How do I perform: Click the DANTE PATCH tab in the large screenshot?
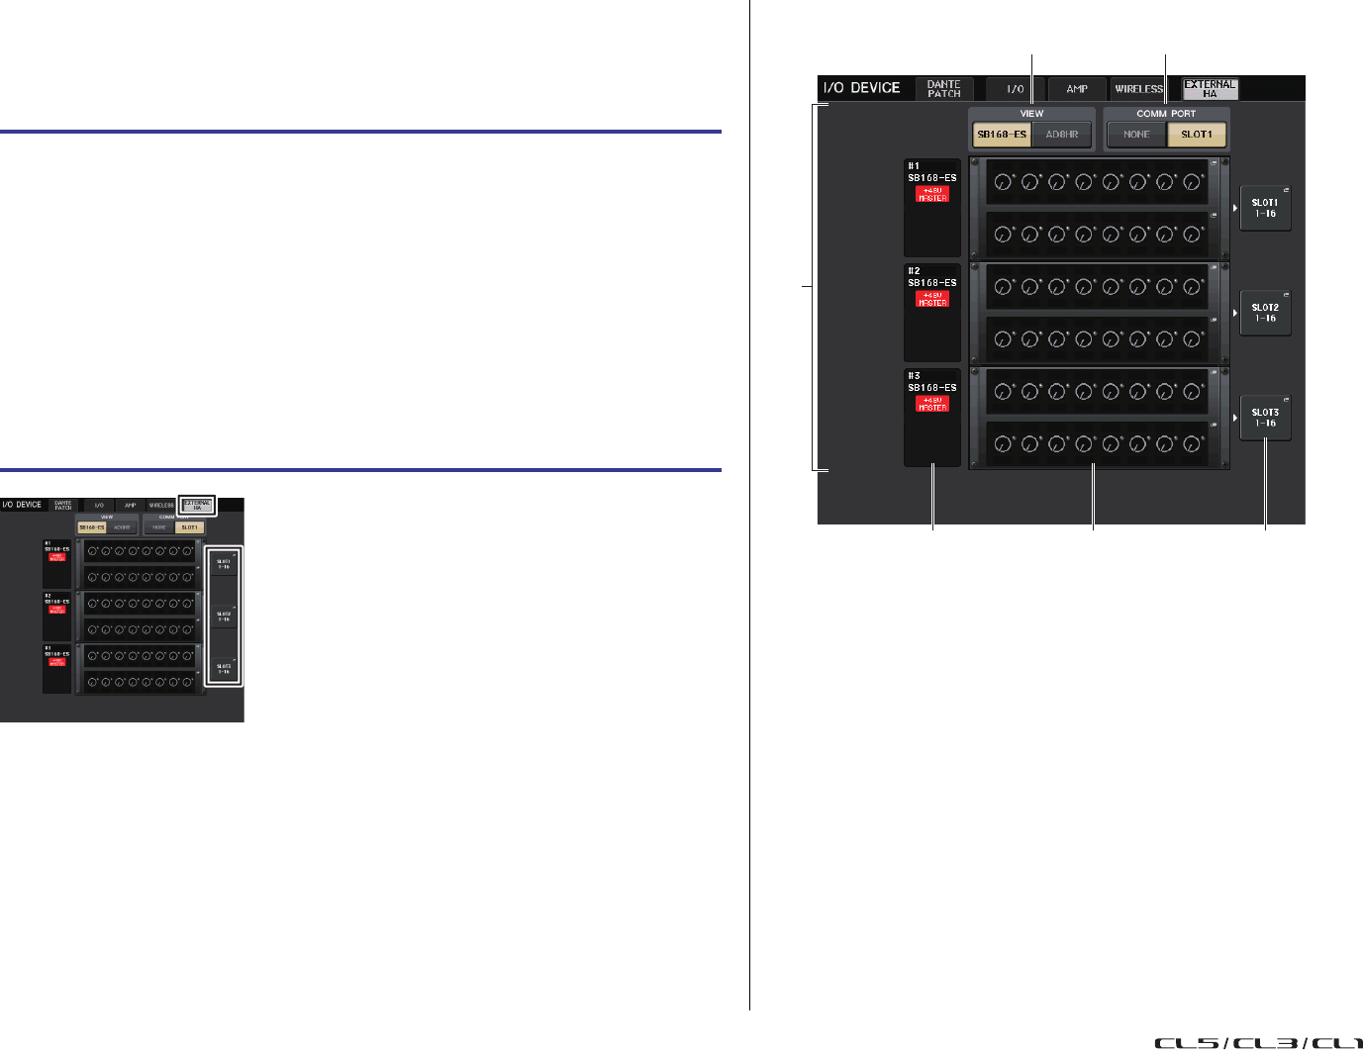pyautogui.click(x=943, y=89)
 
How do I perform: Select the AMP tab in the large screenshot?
pyautogui.click(x=1077, y=89)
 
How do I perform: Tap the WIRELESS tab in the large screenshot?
pyautogui.click(x=1139, y=89)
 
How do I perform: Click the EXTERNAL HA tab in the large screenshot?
pyautogui.click(x=1210, y=89)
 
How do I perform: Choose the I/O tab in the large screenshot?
pyautogui.click(x=1015, y=89)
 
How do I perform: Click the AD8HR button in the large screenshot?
pyautogui.click(x=1062, y=135)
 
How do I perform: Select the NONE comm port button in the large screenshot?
pyautogui.click(x=1136, y=135)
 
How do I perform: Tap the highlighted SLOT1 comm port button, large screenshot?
pyautogui.click(x=1197, y=135)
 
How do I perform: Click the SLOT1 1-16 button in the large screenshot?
pyautogui.click(x=1265, y=208)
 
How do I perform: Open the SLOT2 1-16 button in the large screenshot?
pyautogui.click(x=1265, y=313)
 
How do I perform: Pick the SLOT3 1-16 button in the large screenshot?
pyautogui.click(x=1265, y=418)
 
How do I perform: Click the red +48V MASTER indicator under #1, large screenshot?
pyautogui.click(x=932, y=194)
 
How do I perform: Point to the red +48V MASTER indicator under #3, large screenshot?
pyautogui.click(x=932, y=404)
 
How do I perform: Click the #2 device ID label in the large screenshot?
pyautogui.click(x=914, y=271)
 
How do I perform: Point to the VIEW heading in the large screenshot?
pyautogui.click(x=1031, y=114)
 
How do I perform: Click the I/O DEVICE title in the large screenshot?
pyautogui.click(x=861, y=88)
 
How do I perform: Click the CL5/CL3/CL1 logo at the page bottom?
pyautogui.click(x=1257, y=1042)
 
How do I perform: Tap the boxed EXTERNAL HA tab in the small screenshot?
pyautogui.click(x=197, y=506)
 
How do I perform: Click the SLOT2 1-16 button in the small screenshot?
pyautogui.click(x=224, y=617)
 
